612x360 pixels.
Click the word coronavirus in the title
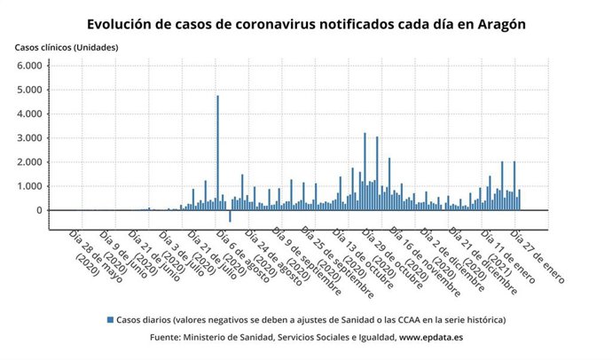[x=272, y=24]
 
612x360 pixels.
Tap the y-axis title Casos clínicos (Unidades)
[x=66, y=46]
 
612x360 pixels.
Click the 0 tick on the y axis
[x=38, y=210]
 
